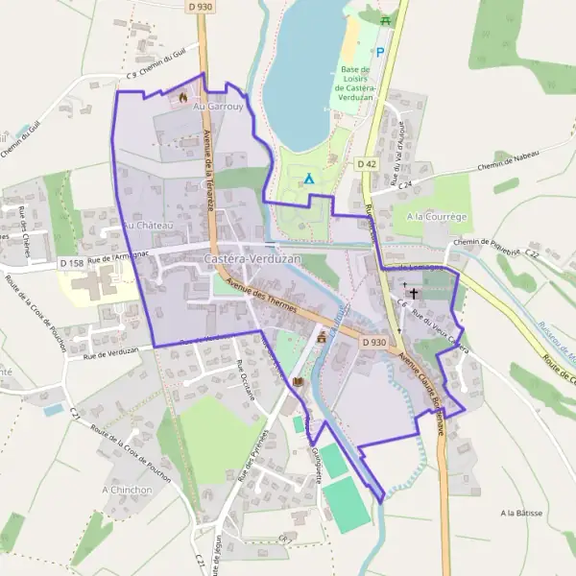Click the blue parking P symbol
pos(380,53)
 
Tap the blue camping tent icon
pos(309,179)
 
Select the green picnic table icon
pos(385,19)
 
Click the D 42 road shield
pos(367,164)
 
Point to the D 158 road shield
pos(71,262)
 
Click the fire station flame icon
pos(182,97)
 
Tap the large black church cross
pos(415,292)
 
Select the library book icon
pos(298,382)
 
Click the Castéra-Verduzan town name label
pos(252,260)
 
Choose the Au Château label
pos(147,226)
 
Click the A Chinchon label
pos(128,490)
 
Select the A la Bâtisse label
pos(521,514)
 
